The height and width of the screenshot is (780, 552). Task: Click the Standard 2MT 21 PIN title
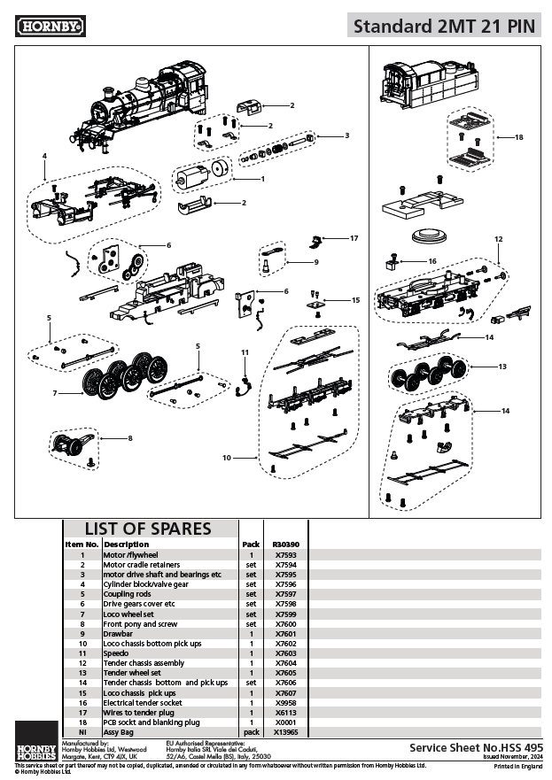444,26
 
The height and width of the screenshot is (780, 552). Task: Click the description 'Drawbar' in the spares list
120,633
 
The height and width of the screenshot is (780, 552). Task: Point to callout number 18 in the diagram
519,137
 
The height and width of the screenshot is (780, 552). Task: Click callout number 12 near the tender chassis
498,239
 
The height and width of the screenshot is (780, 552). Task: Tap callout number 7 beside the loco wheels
55,392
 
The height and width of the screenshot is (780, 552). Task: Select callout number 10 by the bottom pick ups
227,458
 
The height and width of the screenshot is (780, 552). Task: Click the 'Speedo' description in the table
119,653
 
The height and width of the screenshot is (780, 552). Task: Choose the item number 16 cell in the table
82,703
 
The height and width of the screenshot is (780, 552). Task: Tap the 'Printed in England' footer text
519,766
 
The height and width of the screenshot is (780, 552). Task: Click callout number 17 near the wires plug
354,238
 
